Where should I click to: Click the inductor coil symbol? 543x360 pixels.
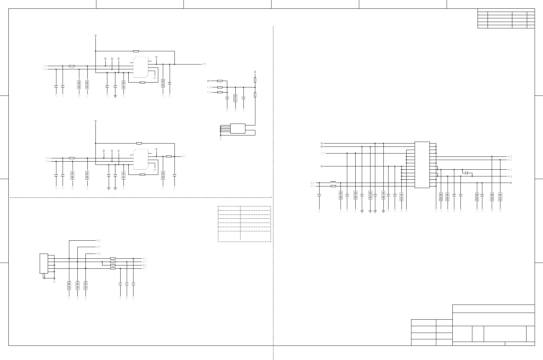pyautogui.click(x=333, y=182)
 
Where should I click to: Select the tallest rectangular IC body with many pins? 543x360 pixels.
pyautogui.click(x=422, y=165)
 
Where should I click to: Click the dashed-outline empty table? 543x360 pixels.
pyautogui.click(x=244, y=224)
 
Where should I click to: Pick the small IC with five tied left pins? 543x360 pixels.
pyautogui.click(x=238, y=128)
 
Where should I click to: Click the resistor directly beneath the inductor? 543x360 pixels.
pyautogui.click(x=333, y=186)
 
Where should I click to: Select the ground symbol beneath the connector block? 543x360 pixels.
pyautogui.click(x=54, y=282)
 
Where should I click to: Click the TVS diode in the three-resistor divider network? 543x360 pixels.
pyautogui.click(x=235, y=98)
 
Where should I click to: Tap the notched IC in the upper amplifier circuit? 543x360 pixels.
pyautogui.click(x=141, y=67)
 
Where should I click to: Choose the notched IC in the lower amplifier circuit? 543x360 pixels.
pyautogui.click(x=141, y=159)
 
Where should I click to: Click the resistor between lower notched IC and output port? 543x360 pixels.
pyautogui.click(x=169, y=156)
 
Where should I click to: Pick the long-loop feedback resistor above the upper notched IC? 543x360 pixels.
pyautogui.click(x=136, y=51)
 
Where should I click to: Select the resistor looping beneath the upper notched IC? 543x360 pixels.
pyautogui.click(x=143, y=83)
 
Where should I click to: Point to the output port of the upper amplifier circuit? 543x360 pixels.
pyautogui.click(x=204, y=65)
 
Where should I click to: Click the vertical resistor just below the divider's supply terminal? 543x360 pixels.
pyautogui.click(x=255, y=80)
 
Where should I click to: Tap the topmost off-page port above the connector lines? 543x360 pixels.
pyautogui.click(x=99, y=240)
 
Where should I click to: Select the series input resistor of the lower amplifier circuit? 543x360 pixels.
pyautogui.click(x=72, y=158)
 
